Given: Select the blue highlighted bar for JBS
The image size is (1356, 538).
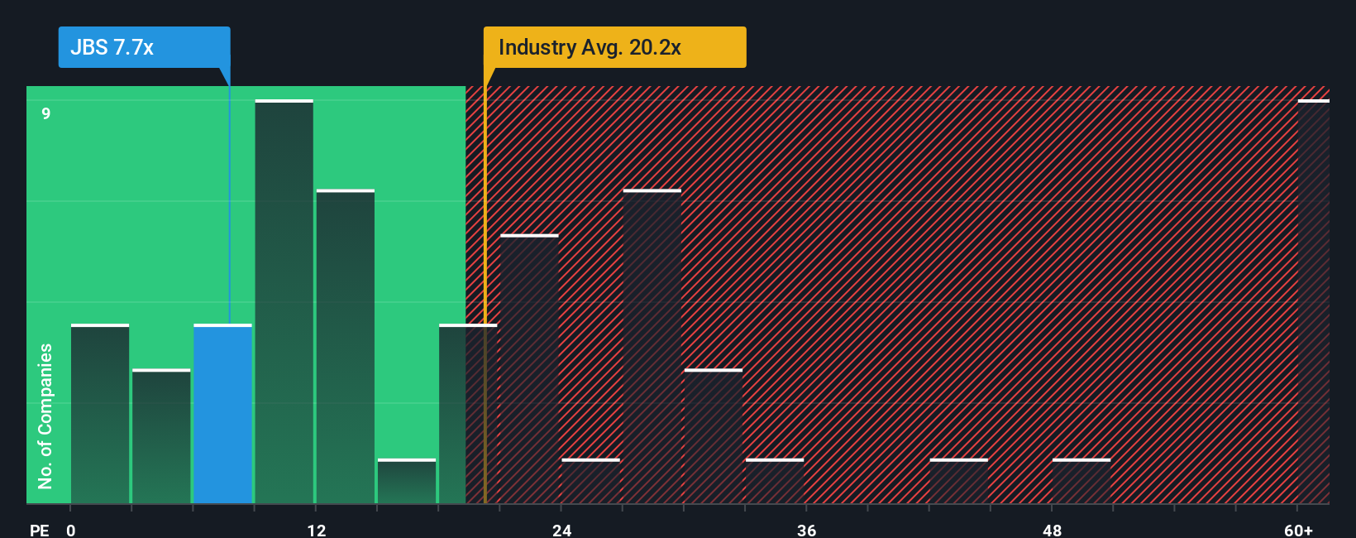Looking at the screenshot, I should [222, 414].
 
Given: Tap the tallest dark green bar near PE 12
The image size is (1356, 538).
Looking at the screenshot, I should [284, 302].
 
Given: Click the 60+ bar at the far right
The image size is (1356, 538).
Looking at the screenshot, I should [1313, 302].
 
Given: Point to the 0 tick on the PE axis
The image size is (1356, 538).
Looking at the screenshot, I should [71, 530].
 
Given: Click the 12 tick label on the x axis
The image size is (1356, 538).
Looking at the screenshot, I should [317, 530].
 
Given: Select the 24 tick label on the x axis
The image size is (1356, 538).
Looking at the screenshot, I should [562, 530].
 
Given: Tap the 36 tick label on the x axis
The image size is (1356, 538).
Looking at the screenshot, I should [807, 530].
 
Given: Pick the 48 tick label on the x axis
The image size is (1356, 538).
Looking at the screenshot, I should [1053, 530].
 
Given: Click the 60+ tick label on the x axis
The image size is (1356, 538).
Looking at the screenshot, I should [1298, 530].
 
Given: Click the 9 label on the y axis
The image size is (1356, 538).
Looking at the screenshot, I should [46, 113].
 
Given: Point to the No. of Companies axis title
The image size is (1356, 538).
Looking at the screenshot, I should [45, 416].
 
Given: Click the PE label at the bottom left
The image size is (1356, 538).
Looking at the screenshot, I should [39, 530].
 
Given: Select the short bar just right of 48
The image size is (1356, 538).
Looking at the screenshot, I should [1081, 482].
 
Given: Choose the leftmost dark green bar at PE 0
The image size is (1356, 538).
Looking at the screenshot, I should [100, 414].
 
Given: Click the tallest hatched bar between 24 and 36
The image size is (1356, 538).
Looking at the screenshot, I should [652, 348].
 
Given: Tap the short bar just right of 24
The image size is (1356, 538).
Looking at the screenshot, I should [590, 482].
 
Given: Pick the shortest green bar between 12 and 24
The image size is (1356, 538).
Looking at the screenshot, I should [407, 482].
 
